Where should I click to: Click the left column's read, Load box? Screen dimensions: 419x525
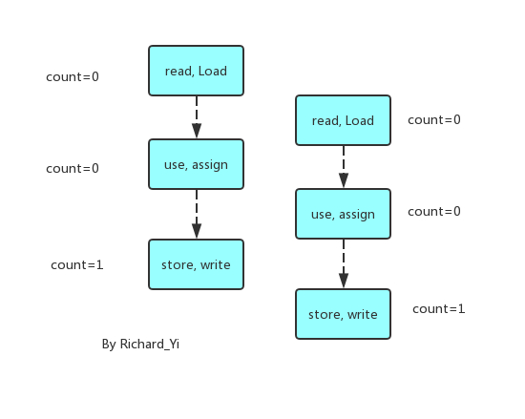[x=196, y=71]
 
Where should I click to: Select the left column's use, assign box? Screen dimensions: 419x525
[x=196, y=164]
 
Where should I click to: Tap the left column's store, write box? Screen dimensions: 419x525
[x=196, y=264]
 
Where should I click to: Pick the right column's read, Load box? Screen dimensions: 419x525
[x=343, y=120]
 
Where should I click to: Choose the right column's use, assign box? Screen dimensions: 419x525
[x=343, y=214]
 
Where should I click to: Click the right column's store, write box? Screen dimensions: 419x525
[x=343, y=314]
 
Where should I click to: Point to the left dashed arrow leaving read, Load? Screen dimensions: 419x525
[x=196, y=117]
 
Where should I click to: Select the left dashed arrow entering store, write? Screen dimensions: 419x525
[x=196, y=215]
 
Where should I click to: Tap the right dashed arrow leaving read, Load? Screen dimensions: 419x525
[x=343, y=167]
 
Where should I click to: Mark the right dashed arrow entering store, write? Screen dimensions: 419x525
[x=343, y=264]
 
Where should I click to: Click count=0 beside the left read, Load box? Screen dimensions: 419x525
[x=73, y=77]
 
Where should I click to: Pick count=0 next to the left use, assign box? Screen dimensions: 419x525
[x=73, y=169]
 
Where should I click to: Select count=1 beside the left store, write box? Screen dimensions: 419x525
[x=77, y=264]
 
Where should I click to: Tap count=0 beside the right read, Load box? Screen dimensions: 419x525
[x=434, y=120]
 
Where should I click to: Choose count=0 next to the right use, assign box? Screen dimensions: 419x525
[x=434, y=211]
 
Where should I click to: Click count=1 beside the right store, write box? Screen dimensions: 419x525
[x=439, y=309]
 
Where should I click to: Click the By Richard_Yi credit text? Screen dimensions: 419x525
[x=140, y=344]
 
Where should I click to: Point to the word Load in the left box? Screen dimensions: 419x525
[x=213, y=71]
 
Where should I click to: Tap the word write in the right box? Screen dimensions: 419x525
[x=362, y=314]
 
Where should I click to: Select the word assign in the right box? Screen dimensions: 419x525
[x=356, y=214]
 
